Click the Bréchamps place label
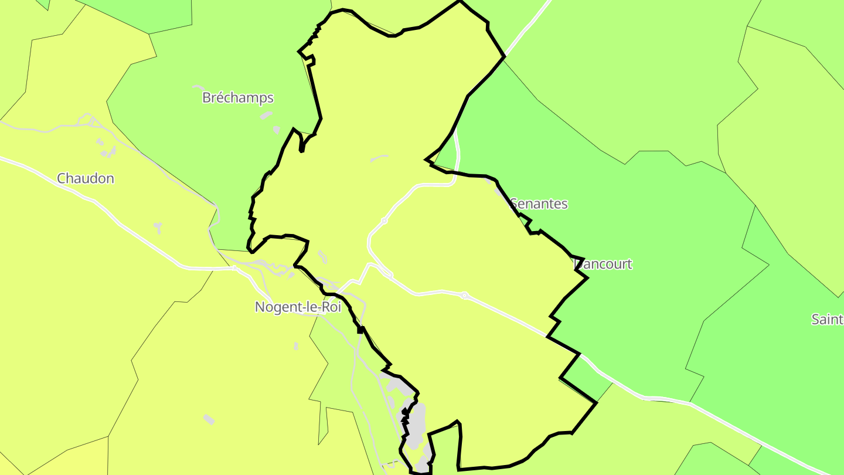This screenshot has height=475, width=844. (x=238, y=97)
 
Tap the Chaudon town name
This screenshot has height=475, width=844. (x=86, y=178)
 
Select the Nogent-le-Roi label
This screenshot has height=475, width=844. (x=298, y=307)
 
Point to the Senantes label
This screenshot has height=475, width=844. (x=539, y=203)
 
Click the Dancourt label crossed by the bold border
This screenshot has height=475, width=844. (x=603, y=264)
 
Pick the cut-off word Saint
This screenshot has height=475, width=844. (x=827, y=319)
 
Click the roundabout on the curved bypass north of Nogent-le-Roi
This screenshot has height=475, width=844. (x=384, y=221)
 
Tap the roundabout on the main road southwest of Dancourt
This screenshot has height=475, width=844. (x=464, y=296)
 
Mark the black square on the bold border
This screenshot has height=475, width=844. (x=360, y=330)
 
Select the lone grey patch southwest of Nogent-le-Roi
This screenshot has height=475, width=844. (x=209, y=419)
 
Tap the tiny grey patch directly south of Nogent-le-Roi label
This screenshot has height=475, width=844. (x=296, y=346)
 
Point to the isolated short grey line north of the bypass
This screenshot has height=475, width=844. (x=379, y=157)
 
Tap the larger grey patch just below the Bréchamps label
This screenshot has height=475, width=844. (x=267, y=115)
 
